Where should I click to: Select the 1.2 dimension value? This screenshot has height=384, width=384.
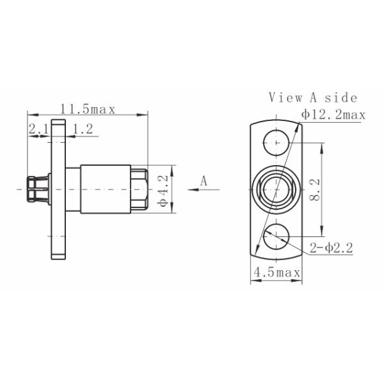tap(83, 130)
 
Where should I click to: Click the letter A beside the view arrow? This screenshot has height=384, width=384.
tap(204, 181)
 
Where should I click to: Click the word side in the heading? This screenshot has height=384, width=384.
tap(340, 98)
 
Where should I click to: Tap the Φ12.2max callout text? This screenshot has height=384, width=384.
tap(333, 115)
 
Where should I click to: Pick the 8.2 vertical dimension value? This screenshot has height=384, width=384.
tap(314, 190)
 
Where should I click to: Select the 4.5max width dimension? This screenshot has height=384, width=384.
tap(276, 273)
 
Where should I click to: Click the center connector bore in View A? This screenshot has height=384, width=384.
tap(276, 189)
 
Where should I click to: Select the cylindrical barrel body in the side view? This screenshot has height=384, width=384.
tap(106, 189)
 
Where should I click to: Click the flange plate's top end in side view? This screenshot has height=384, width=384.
tap(59, 125)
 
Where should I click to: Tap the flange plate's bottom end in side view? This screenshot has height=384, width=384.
tap(59, 254)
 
